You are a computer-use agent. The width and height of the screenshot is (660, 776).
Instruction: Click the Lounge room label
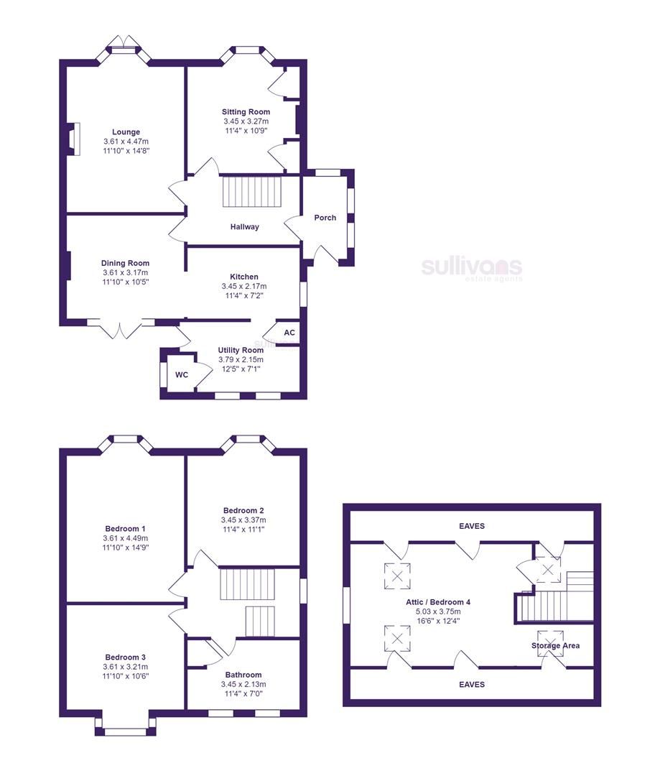click(126, 132)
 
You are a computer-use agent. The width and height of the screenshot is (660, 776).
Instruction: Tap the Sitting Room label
click(246, 112)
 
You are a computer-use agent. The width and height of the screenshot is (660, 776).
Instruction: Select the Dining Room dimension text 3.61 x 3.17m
click(125, 273)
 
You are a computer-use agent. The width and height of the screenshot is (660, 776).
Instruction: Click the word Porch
click(325, 218)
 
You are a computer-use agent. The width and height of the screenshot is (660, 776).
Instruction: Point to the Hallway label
click(244, 227)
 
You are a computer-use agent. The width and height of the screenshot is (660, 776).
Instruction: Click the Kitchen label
click(244, 277)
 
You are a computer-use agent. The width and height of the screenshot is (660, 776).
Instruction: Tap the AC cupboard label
click(289, 333)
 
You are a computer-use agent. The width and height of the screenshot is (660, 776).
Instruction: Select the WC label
click(182, 375)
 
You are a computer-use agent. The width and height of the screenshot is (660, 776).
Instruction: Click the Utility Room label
click(241, 351)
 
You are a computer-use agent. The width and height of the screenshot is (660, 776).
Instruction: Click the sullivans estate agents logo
click(471, 269)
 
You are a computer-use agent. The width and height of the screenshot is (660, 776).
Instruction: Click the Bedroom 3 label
click(126, 657)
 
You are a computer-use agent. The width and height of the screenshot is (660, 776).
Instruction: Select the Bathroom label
click(243, 675)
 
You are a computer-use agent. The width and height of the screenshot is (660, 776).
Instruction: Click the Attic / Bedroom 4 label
click(428, 602)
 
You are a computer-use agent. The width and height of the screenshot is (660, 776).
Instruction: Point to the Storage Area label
click(556, 645)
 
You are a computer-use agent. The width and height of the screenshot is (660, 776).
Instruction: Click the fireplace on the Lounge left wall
click(73, 139)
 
